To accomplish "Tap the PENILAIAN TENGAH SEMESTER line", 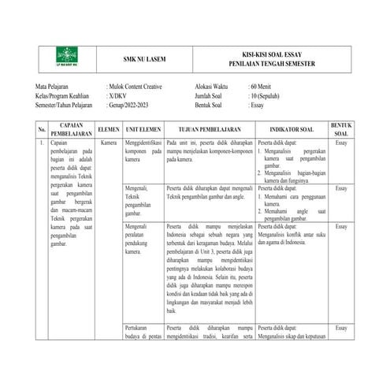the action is click(x=272, y=62).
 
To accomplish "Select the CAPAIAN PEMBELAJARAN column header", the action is click(x=72, y=129).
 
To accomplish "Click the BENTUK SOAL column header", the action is click(x=341, y=129).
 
